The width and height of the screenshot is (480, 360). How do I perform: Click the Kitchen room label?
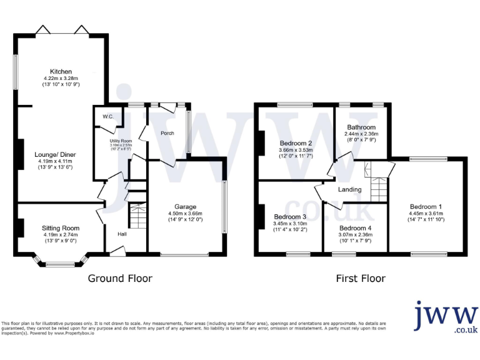pos(62,71)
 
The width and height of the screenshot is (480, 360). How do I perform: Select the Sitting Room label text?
pos(61,228)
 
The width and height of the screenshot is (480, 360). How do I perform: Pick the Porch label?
pos(167,132)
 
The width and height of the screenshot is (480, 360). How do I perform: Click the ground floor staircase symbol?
pos(137,216)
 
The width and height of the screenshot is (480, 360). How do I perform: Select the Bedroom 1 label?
pos(426,206)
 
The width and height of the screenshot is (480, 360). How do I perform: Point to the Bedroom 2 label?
pos(294,143)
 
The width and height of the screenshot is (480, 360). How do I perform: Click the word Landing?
pos(351,189)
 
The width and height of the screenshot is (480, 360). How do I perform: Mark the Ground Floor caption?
pos(119,278)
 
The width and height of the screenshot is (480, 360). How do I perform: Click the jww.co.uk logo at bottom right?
pos(446,317)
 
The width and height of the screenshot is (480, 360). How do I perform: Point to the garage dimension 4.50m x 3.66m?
pos(185,213)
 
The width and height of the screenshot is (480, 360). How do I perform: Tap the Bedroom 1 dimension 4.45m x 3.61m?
pos(426,213)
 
